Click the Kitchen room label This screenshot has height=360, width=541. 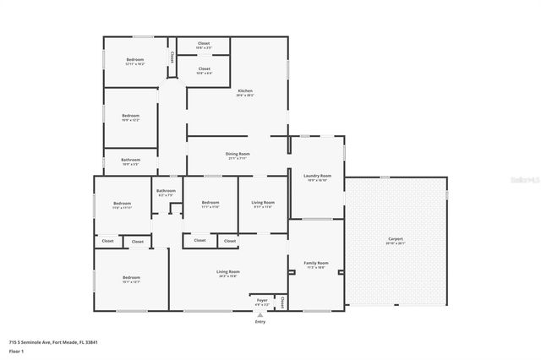point(245,91)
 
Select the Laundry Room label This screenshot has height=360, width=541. point(317,176)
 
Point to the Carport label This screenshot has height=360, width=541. point(396,239)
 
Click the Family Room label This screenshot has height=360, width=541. point(315,264)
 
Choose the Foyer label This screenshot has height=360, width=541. point(262,300)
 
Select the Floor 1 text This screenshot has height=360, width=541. point(16,350)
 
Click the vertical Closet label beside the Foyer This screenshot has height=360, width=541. point(281,302)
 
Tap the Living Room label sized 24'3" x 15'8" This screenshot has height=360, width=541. point(227,272)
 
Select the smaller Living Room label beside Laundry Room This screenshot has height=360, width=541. point(263,203)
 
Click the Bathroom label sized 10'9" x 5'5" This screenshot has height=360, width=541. point(130,160)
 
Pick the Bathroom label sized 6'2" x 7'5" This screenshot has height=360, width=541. point(166,191)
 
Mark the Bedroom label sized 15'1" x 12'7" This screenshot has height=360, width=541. point(131,278)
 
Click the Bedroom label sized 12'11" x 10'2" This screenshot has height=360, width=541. point(135,60)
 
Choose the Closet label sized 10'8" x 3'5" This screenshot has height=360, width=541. point(204,43)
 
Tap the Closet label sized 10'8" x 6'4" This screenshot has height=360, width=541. point(204,69)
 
